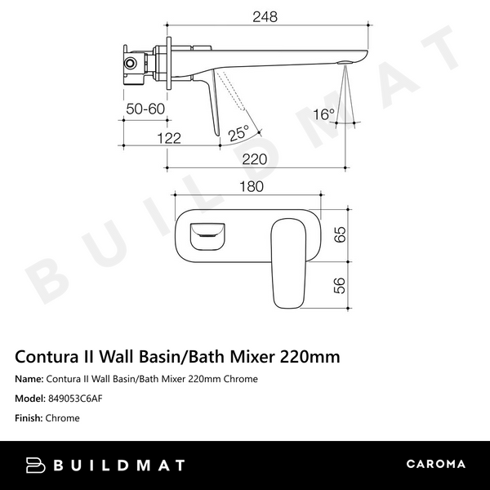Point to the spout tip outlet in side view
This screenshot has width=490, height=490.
click(x=347, y=61)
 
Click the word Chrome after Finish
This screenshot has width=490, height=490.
click(x=63, y=418)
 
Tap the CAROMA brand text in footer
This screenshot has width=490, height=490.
click(x=435, y=464)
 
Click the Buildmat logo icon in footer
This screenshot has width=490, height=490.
click(x=36, y=464)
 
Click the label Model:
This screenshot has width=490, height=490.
click(x=30, y=399)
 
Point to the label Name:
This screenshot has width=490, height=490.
click(x=29, y=379)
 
